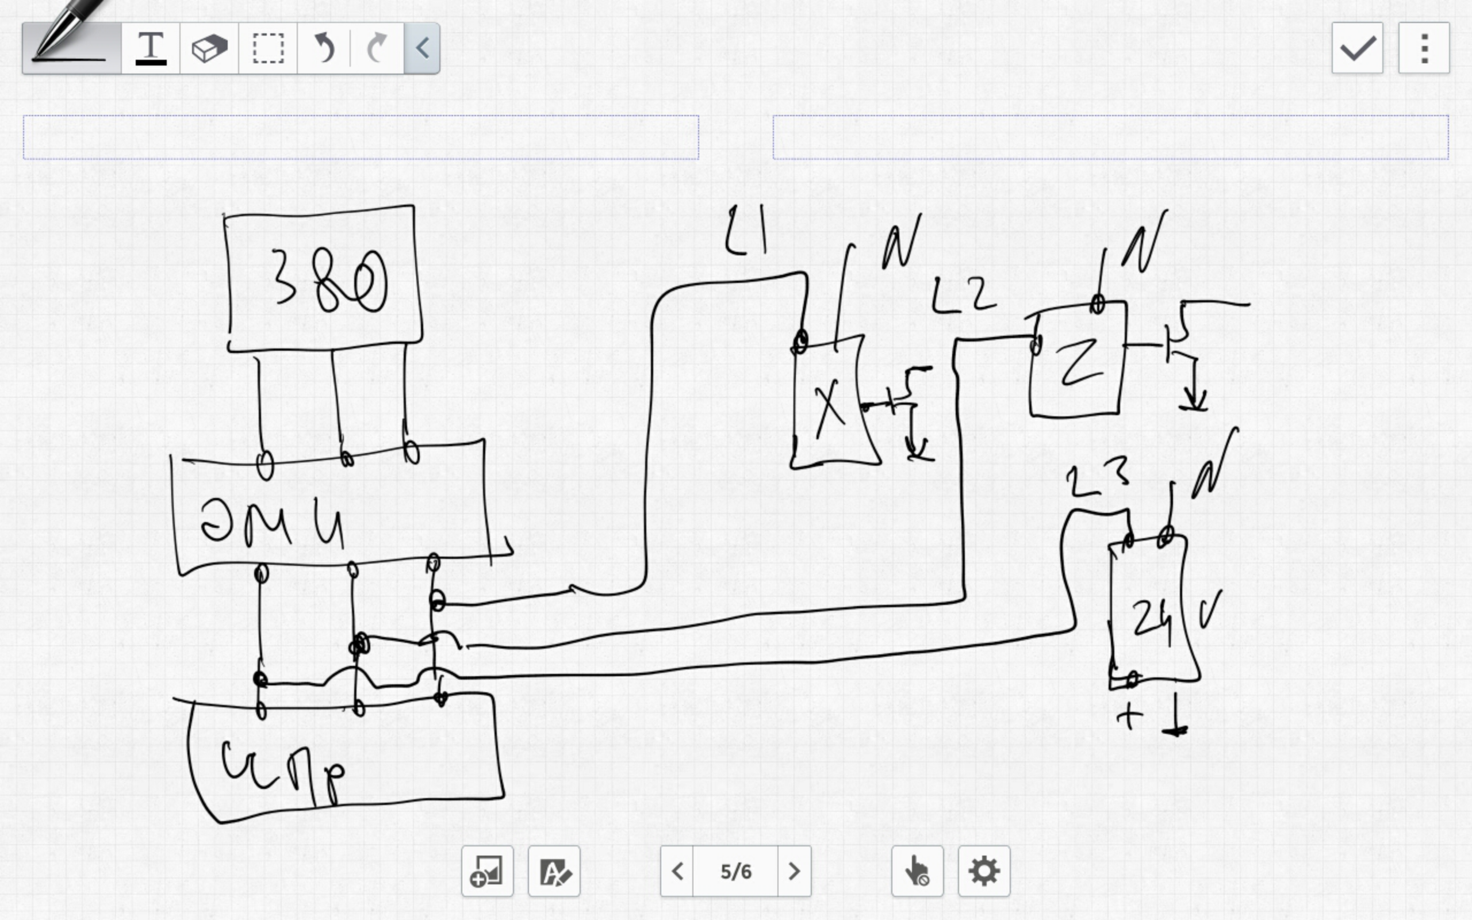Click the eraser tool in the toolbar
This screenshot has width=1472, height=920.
pyautogui.click(x=209, y=48)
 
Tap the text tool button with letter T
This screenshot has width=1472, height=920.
pyautogui.click(x=151, y=48)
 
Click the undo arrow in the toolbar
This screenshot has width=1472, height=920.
pyautogui.click(x=325, y=48)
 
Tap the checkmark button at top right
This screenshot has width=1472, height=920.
pyautogui.click(x=1357, y=48)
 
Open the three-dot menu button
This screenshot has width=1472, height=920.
pyautogui.click(x=1424, y=48)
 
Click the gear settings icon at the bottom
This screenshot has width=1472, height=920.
pyautogui.click(x=984, y=871)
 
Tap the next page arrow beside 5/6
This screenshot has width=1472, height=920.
pyautogui.click(x=793, y=871)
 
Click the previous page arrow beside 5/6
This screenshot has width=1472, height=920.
pyautogui.click(x=677, y=871)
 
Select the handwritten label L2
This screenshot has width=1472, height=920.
pyautogui.click(x=964, y=296)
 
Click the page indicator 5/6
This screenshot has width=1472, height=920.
pyautogui.click(x=735, y=871)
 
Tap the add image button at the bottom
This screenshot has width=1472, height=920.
pyautogui.click(x=487, y=871)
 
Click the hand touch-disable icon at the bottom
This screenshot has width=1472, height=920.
pyautogui.click(x=917, y=871)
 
